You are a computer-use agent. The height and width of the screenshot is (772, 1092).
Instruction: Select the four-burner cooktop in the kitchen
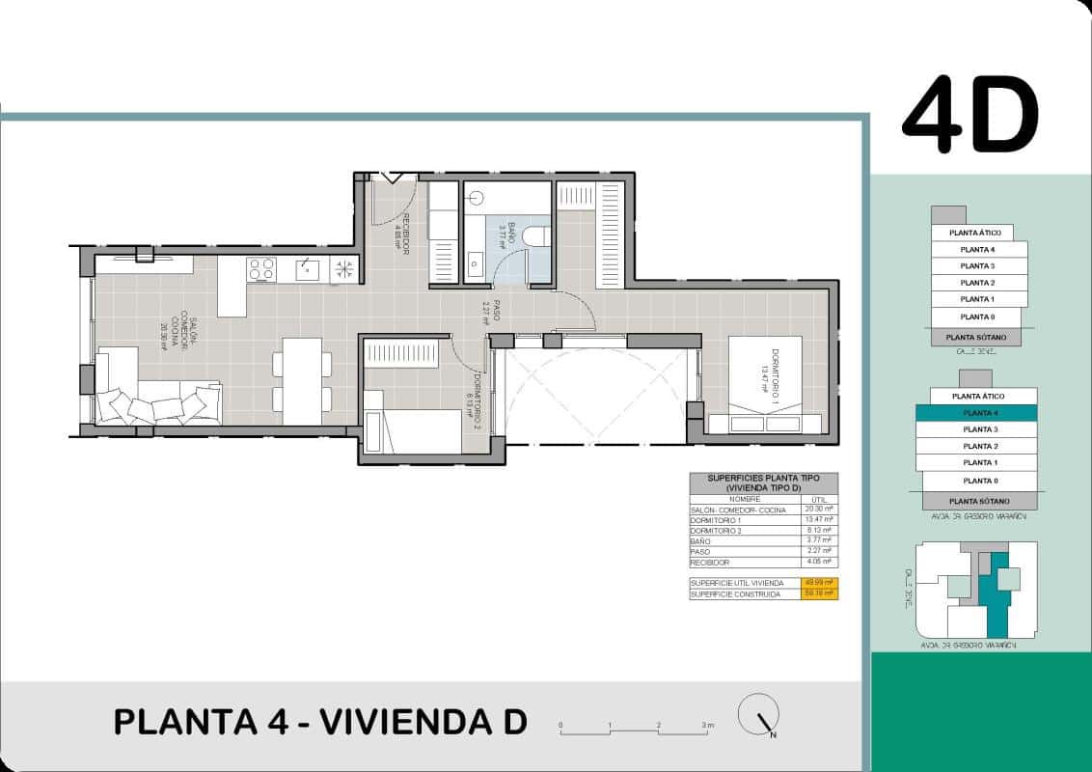click(260, 269)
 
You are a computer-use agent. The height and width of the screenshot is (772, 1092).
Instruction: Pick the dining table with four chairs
click(302, 380)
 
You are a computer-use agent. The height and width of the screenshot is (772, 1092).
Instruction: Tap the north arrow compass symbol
click(758, 717)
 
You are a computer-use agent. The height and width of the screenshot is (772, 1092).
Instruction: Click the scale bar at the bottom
click(635, 731)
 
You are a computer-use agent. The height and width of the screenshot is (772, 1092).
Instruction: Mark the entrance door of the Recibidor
click(394, 179)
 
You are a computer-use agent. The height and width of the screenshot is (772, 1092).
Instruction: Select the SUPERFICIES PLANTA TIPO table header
click(763, 482)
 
